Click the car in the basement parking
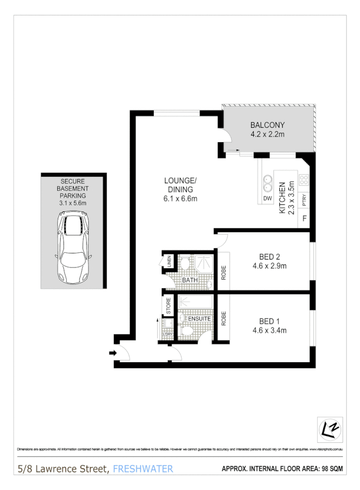73,248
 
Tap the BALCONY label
267,125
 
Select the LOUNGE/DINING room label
181,181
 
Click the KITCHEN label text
282,198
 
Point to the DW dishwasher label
267,198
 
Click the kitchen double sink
267,183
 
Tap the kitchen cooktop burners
304,179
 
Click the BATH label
191,280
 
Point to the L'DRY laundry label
167,333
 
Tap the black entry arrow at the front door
112,352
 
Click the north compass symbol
329,429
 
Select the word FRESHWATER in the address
143,469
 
